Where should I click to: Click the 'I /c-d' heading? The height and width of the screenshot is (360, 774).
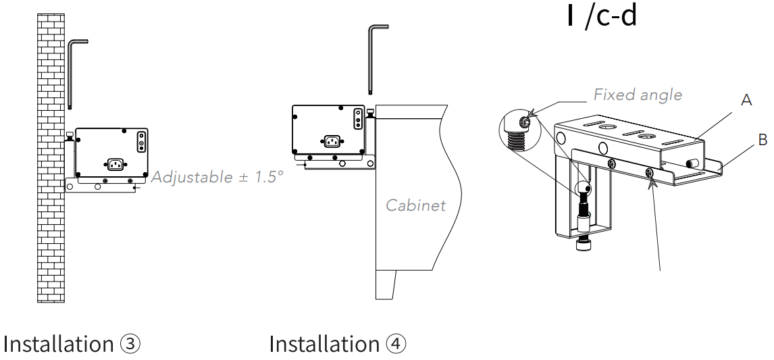602,16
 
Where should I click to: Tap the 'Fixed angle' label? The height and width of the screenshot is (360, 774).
638,95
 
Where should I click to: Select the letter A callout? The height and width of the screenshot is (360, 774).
746,100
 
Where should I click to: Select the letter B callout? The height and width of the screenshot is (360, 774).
763,140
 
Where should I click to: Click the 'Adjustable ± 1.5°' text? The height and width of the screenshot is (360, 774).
217,177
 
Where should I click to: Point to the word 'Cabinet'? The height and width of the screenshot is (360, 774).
415,205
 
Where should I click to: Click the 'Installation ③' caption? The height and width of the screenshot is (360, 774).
72,344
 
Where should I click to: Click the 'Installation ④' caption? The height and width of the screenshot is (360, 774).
338,344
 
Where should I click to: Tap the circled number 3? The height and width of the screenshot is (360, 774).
130,344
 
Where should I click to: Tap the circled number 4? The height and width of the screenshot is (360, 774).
396,344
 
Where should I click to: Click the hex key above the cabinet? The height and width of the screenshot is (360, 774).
373,57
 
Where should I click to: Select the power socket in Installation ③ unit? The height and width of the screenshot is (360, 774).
115,164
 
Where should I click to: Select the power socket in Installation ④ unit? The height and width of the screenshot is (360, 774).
331,141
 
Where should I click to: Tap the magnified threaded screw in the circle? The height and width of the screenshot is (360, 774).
517,135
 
